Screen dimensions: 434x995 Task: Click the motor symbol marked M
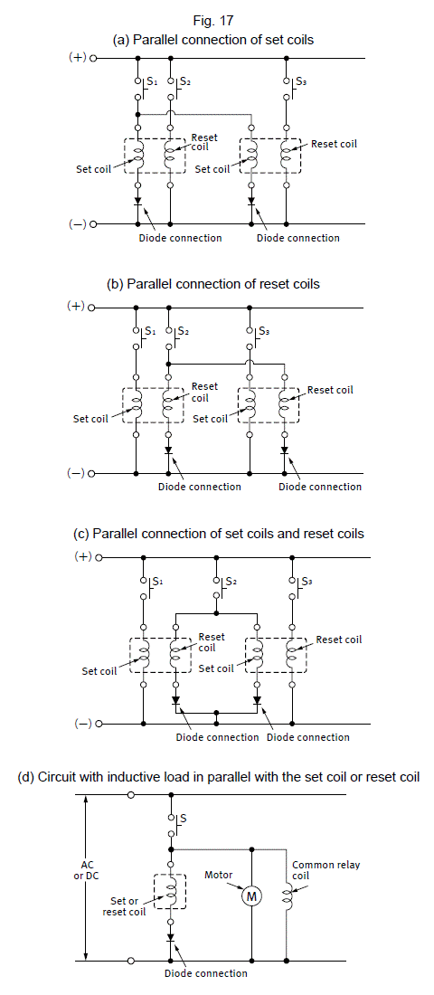click(x=252, y=896)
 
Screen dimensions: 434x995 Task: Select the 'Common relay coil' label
click(x=326, y=870)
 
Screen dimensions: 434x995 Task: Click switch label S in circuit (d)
click(x=184, y=819)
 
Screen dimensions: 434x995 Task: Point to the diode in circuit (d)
click(x=171, y=936)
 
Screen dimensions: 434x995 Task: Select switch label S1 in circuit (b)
click(x=149, y=330)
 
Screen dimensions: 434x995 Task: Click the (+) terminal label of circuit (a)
click(x=77, y=58)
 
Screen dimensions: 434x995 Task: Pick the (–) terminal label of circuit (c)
click(x=84, y=724)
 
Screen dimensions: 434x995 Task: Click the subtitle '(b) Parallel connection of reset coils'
click(x=213, y=284)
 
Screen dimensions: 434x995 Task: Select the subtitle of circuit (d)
click(x=219, y=777)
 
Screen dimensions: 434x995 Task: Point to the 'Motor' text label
click(x=218, y=875)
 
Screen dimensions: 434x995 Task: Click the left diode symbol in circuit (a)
click(x=137, y=201)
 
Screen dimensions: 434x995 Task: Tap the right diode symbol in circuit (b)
click(x=284, y=450)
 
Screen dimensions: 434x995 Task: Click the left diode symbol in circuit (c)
click(x=175, y=700)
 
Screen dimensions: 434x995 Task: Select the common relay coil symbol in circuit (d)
click(x=287, y=896)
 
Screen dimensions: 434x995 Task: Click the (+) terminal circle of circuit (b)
click(x=91, y=308)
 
